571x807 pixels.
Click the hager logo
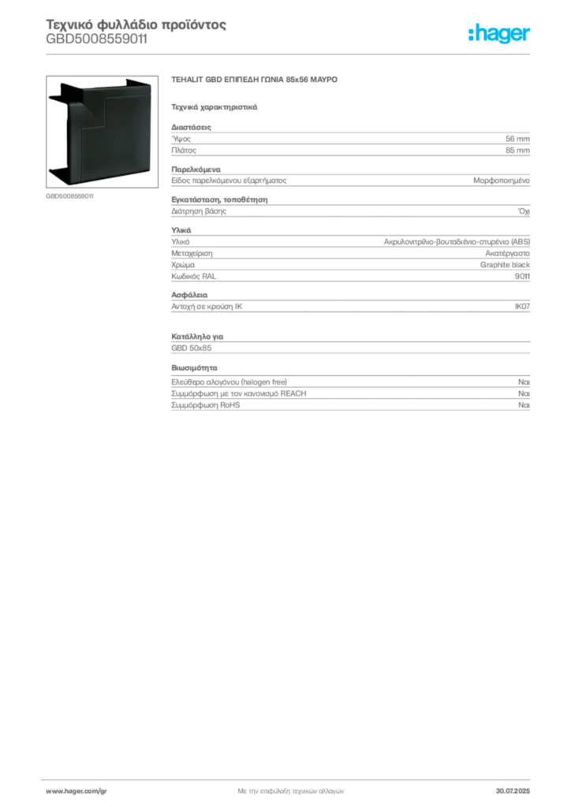coord(499,34)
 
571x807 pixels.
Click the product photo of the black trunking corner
coord(102,132)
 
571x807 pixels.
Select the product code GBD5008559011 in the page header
coord(97,39)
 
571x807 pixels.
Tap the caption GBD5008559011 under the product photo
coord(69,196)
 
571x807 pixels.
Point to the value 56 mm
coord(517,139)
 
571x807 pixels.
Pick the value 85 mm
coord(517,151)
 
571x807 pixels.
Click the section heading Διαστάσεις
coord(191,127)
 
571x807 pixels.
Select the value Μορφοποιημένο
coord(502,180)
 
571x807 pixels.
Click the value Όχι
coord(524,211)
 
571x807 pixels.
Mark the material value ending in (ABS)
coord(457,242)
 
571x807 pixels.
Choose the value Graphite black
coord(505,265)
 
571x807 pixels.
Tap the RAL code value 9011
coord(522,277)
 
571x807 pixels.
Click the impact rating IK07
coord(522,307)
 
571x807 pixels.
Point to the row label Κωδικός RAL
coord(193,277)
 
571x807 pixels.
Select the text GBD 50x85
coord(192,348)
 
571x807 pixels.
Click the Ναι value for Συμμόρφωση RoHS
coord(524,405)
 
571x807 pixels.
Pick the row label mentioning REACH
coord(239,394)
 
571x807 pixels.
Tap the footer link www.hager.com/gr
coord(77,791)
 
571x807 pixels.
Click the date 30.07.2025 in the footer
coord(513,791)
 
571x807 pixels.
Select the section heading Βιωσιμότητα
coord(194,368)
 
